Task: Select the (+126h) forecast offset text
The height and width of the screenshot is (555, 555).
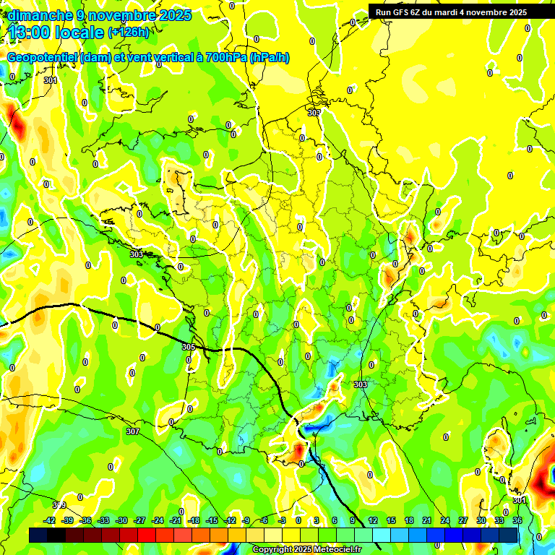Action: click(x=129, y=32)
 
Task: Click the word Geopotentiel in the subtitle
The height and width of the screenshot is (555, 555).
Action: click(x=42, y=58)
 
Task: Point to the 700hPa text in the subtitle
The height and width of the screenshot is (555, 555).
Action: click(x=225, y=58)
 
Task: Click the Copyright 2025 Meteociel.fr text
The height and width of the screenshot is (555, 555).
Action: click(x=307, y=550)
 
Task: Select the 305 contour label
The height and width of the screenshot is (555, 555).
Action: click(x=188, y=348)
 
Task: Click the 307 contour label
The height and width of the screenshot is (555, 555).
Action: click(x=132, y=431)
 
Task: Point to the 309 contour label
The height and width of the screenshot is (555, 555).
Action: click(x=59, y=504)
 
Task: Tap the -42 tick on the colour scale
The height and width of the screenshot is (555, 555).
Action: click(x=50, y=520)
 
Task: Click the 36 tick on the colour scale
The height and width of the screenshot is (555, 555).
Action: click(x=517, y=520)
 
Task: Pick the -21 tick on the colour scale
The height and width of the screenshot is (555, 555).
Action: click(x=176, y=520)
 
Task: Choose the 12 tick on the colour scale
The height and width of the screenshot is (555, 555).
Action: click(x=372, y=520)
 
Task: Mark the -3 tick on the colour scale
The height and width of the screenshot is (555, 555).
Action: click(x=283, y=520)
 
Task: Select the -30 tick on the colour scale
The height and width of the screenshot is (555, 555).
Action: click(x=121, y=520)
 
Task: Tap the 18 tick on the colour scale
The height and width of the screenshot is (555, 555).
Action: click(x=408, y=520)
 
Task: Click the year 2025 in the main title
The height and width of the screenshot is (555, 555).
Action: click(x=174, y=15)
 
